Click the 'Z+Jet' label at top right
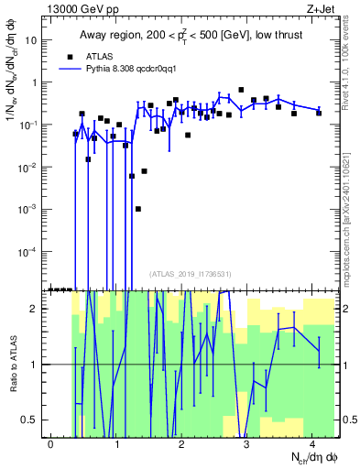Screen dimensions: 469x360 pos(319,8)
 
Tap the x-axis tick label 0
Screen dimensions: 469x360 pos(51,443)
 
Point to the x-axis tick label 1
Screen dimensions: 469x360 pos(116,443)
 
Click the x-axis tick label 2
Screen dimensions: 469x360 pos(181,443)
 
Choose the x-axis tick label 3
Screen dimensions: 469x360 pos(246,443)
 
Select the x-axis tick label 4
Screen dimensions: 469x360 pos(311,443)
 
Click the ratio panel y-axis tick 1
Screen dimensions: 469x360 pos(37,365)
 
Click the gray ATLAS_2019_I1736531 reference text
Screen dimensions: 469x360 pos(190,275)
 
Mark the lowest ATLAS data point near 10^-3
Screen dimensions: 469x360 pos(138,209)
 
